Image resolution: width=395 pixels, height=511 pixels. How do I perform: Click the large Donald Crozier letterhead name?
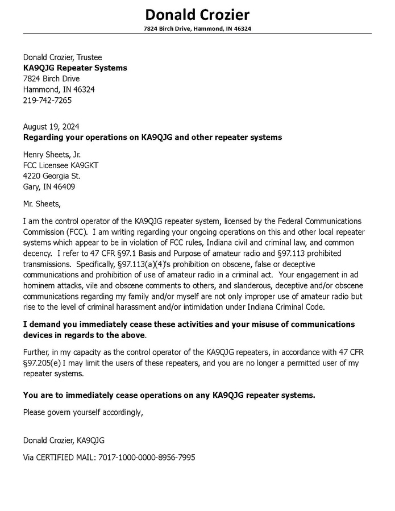(197, 14)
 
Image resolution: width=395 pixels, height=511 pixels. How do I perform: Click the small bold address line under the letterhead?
(197, 28)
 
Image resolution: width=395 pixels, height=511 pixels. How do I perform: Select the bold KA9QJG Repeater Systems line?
(75, 68)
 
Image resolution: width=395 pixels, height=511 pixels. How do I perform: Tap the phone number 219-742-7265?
(47, 101)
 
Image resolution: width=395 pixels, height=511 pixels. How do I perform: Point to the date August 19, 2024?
(51, 126)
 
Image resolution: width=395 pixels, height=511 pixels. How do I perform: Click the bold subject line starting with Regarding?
(152, 138)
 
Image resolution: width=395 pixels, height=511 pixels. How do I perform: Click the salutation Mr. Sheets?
(41, 203)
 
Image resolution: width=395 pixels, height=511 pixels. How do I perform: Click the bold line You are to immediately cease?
(169, 395)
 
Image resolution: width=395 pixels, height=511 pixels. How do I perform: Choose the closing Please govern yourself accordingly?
(83, 412)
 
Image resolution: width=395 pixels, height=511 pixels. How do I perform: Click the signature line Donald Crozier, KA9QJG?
(64, 441)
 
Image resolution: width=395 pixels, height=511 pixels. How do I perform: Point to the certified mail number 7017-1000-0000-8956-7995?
(147, 457)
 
